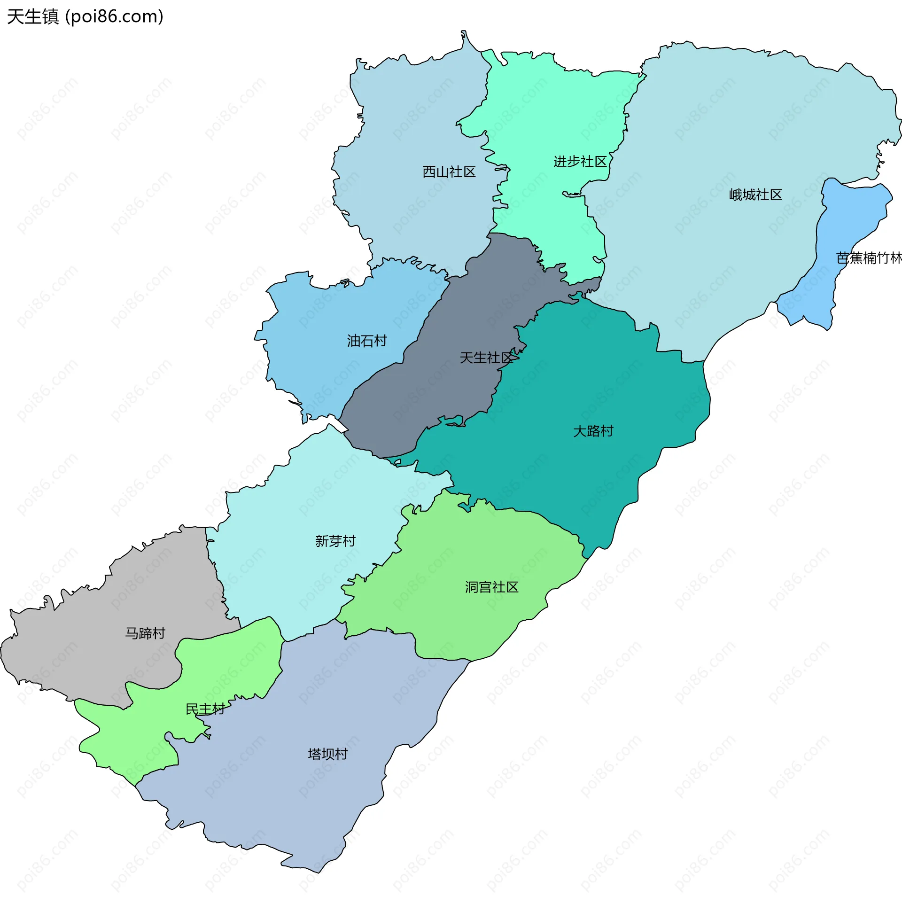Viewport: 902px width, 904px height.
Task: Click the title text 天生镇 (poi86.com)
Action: pyautogui.click(x=85, y=16)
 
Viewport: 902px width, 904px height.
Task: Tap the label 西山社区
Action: pyautogui.click(x=449, y=172)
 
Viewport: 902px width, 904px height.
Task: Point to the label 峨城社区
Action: pyautogui.click(x=755, y=195)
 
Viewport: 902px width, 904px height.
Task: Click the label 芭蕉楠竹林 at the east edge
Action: pyautogui.click(x=868, y=258)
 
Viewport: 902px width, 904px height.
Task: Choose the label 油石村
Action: pyautogui.click(x=366, y=341)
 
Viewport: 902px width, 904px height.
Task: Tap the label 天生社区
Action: pyautogui.click(x=486, y=358)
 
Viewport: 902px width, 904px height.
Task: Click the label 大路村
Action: pyautogui.click(x=593, y=431)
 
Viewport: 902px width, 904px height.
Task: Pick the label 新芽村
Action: pyautogui.click(x=335, y=541)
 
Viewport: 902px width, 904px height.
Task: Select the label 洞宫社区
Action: pyautogui.click(x=491, y=587)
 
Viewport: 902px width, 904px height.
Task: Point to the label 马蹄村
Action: pyautogui.click(x=145, y=633)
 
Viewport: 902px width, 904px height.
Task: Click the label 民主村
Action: pyautogui.click(x=205, y=709)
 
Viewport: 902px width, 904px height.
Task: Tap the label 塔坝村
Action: pyautogui.click(x=327, y=754)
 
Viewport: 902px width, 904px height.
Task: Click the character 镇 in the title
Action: pyautogui.click(x=50, y=16)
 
